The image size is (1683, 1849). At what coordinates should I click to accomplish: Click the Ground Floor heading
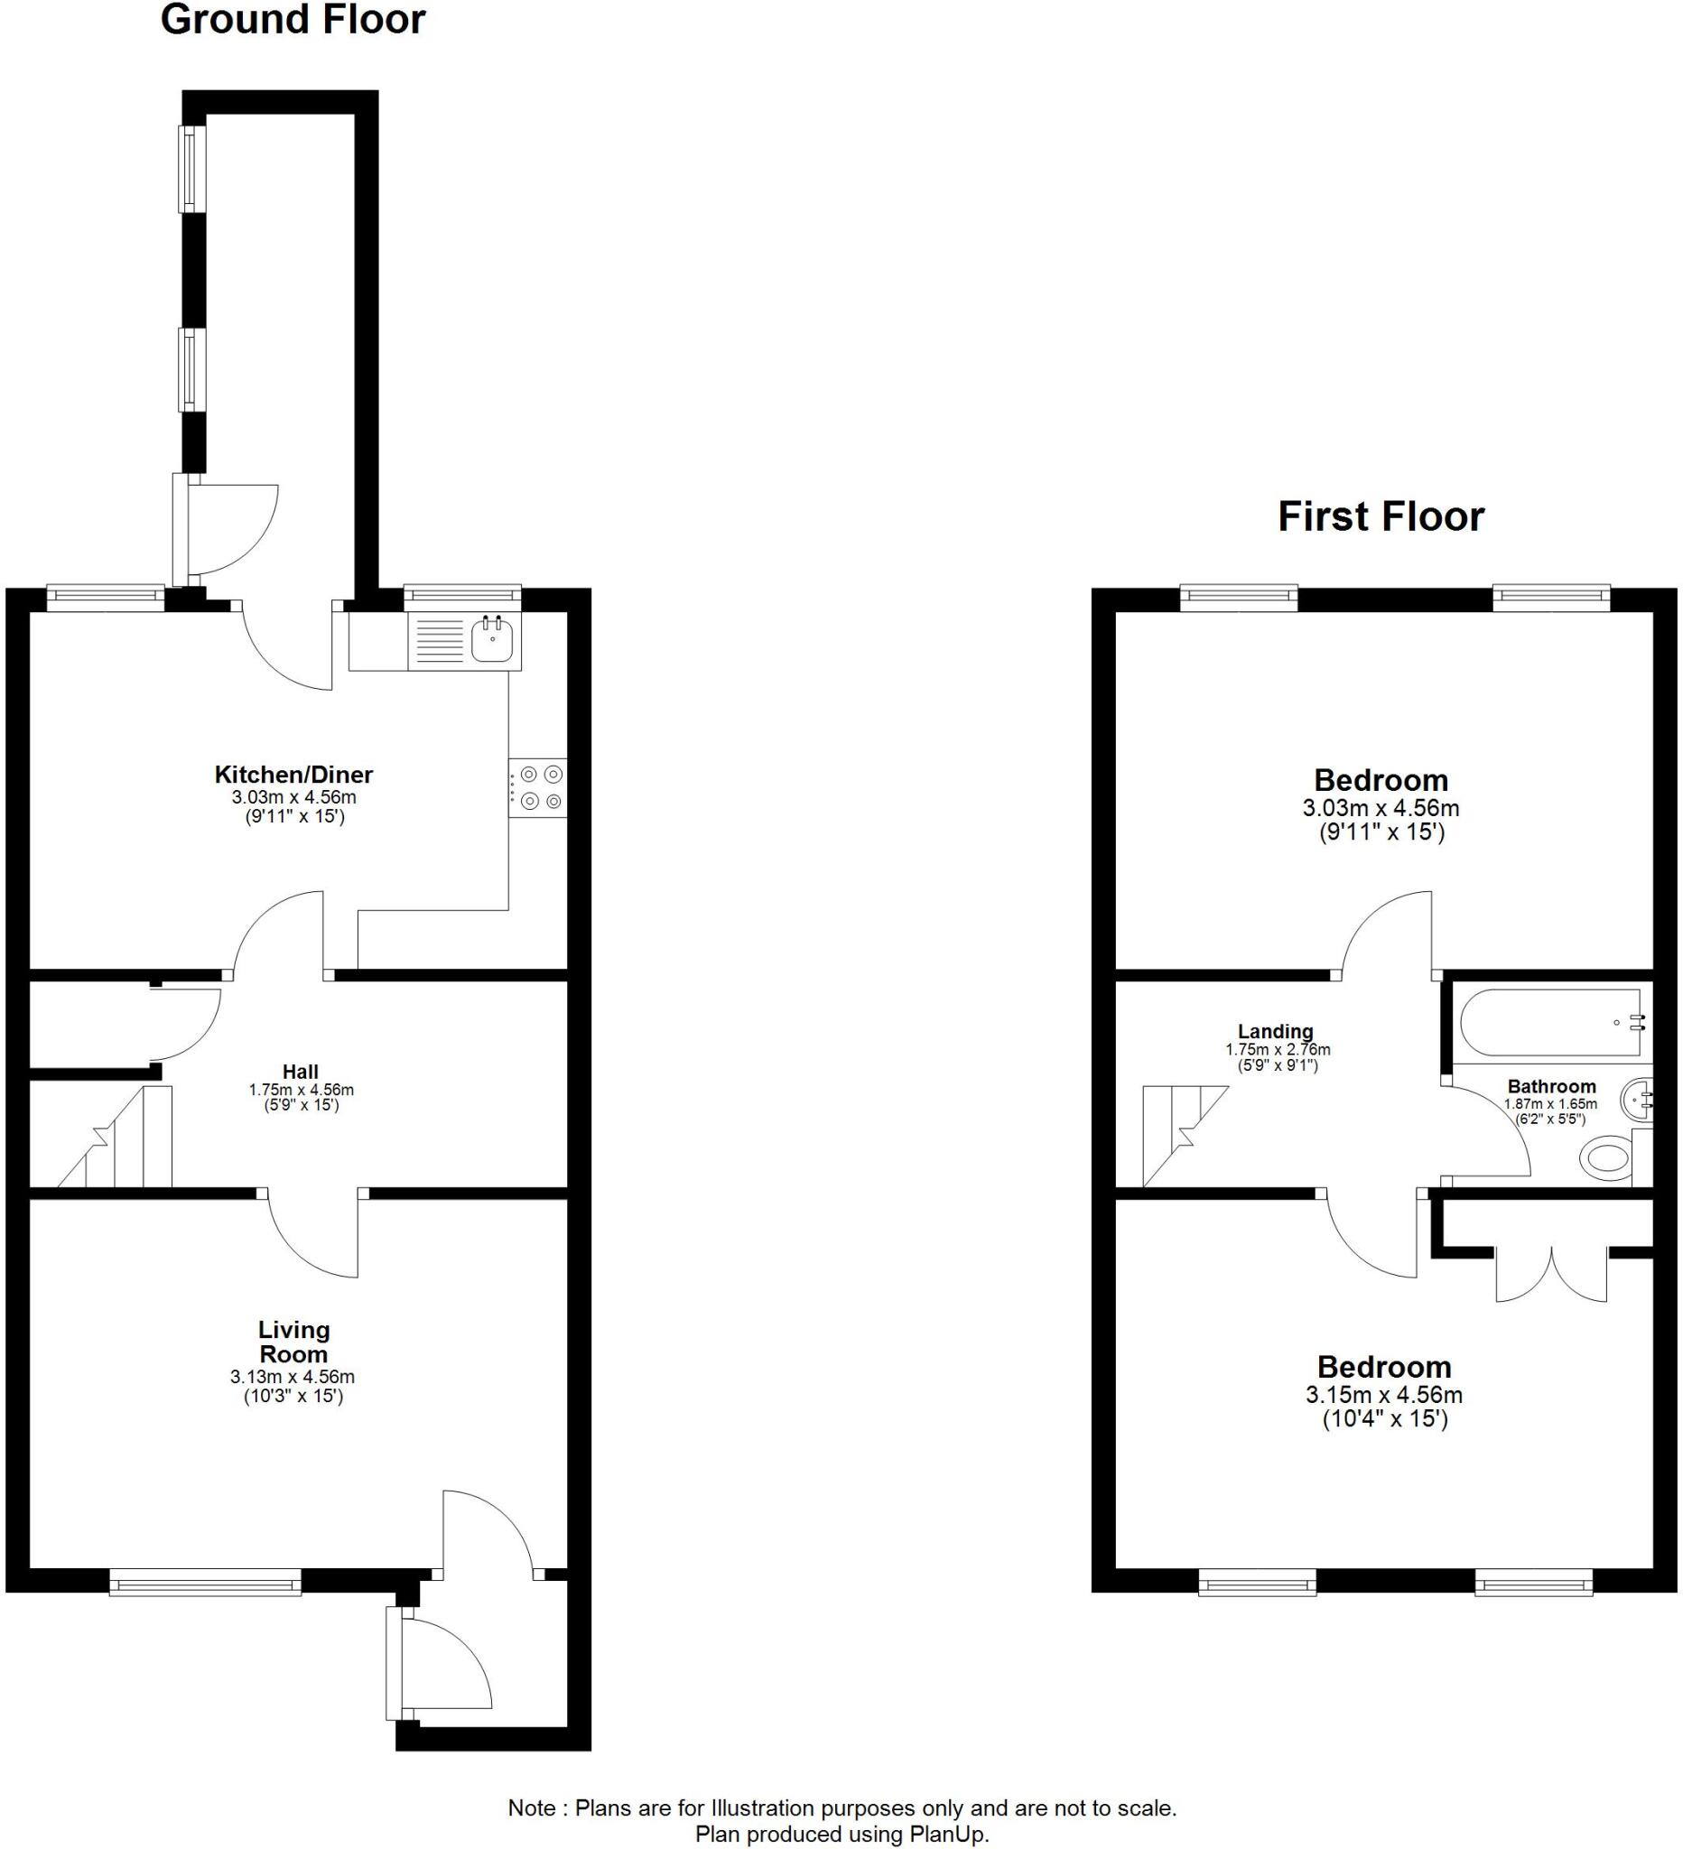(x=293, y=20)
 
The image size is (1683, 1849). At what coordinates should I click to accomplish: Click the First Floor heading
(x=1381, y=516)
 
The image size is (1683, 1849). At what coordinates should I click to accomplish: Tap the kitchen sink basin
(x=492, y=639)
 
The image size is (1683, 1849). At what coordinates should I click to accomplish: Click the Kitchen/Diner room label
(x=293, y=774)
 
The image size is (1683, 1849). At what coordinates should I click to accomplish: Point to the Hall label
(x=300, y=1072)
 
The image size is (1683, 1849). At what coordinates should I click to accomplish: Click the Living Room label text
(x=293, y=1342)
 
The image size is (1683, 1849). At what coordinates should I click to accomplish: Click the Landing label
(x=1275, y=1031)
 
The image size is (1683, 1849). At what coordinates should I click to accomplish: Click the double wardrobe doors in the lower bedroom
(x=1551, y=1275)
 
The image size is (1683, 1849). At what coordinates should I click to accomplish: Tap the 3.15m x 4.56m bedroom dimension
(x=1383, y=1395)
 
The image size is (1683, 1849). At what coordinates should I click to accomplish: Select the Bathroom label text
(x=1551, y=1086)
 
